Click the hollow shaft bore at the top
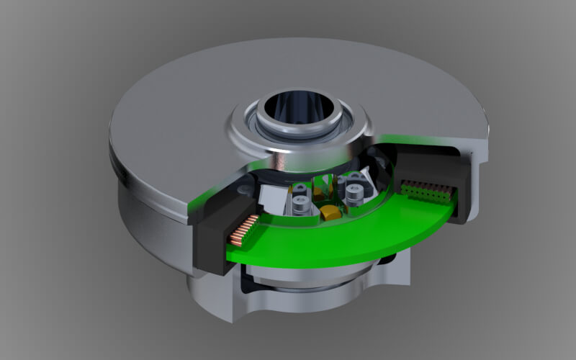coord(297,108)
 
